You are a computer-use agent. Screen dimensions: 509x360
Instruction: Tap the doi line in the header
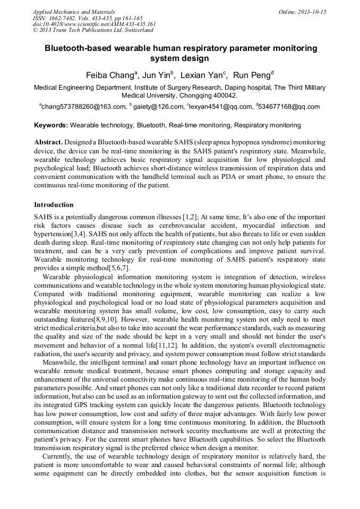tap(94, 24)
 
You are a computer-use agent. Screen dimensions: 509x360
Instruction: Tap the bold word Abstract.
tap(48, 143)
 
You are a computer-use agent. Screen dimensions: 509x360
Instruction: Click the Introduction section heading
tap(54, 204)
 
